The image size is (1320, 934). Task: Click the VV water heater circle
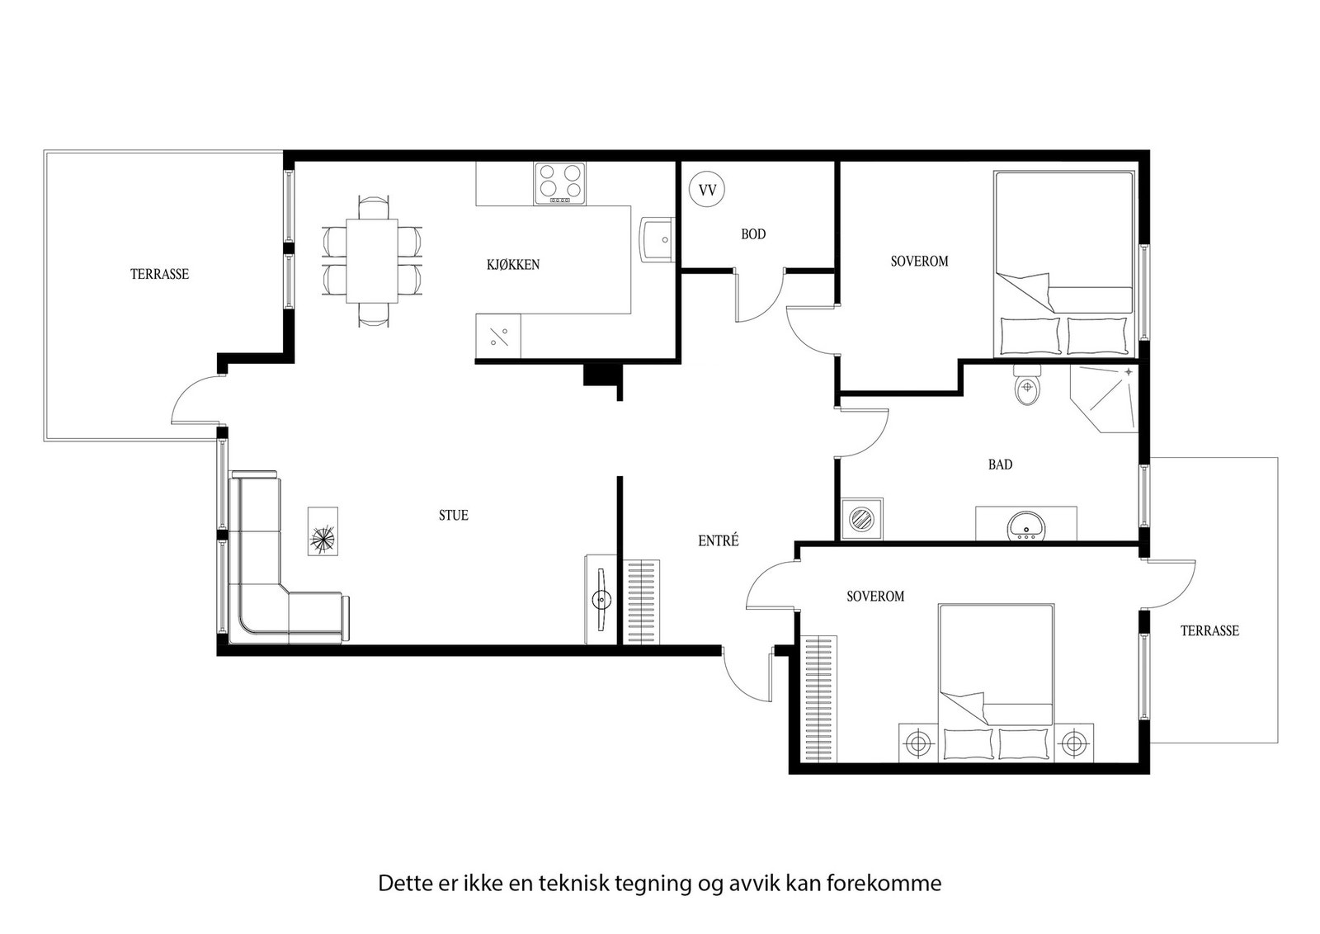tap(707, 190)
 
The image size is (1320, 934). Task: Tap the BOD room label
tap(753, 234)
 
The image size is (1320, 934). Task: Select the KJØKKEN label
tap(513, 265)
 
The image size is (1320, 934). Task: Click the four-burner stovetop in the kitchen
tap(560, 183)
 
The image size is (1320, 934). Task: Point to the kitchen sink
tap(657, 239)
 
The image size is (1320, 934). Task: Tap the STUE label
tap(454, 516)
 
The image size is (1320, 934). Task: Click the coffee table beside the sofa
tap(323, 532)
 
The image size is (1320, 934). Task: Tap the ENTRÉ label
tap(719, 541)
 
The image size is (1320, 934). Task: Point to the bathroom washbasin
tap(1026, 526)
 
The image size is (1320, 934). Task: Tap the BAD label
tap(1000, 465)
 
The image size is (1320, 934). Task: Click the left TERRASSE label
tap(160, 275)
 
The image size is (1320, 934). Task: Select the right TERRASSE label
tap(1209, 631)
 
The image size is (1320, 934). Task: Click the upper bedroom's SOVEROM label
tap(919, 262)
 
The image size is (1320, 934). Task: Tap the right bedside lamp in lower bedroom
tap(1073, 743)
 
